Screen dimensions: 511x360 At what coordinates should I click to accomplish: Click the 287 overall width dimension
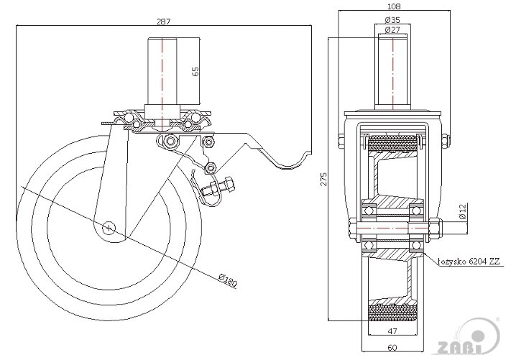(163, 22)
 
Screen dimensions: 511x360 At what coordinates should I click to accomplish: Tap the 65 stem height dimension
(195, 72)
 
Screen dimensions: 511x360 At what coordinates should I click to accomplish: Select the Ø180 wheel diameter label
(228, 280)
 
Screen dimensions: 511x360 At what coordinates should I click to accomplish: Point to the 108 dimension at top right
(394, 6)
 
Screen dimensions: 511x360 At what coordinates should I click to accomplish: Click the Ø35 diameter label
(392, 20)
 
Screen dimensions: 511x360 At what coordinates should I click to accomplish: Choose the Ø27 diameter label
(392, 30)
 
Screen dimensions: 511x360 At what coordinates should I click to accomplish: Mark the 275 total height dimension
(323, 179)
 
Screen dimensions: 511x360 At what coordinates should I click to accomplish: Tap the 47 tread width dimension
(392, 331)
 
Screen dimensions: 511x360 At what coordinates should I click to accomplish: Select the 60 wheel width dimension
(392, 347)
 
